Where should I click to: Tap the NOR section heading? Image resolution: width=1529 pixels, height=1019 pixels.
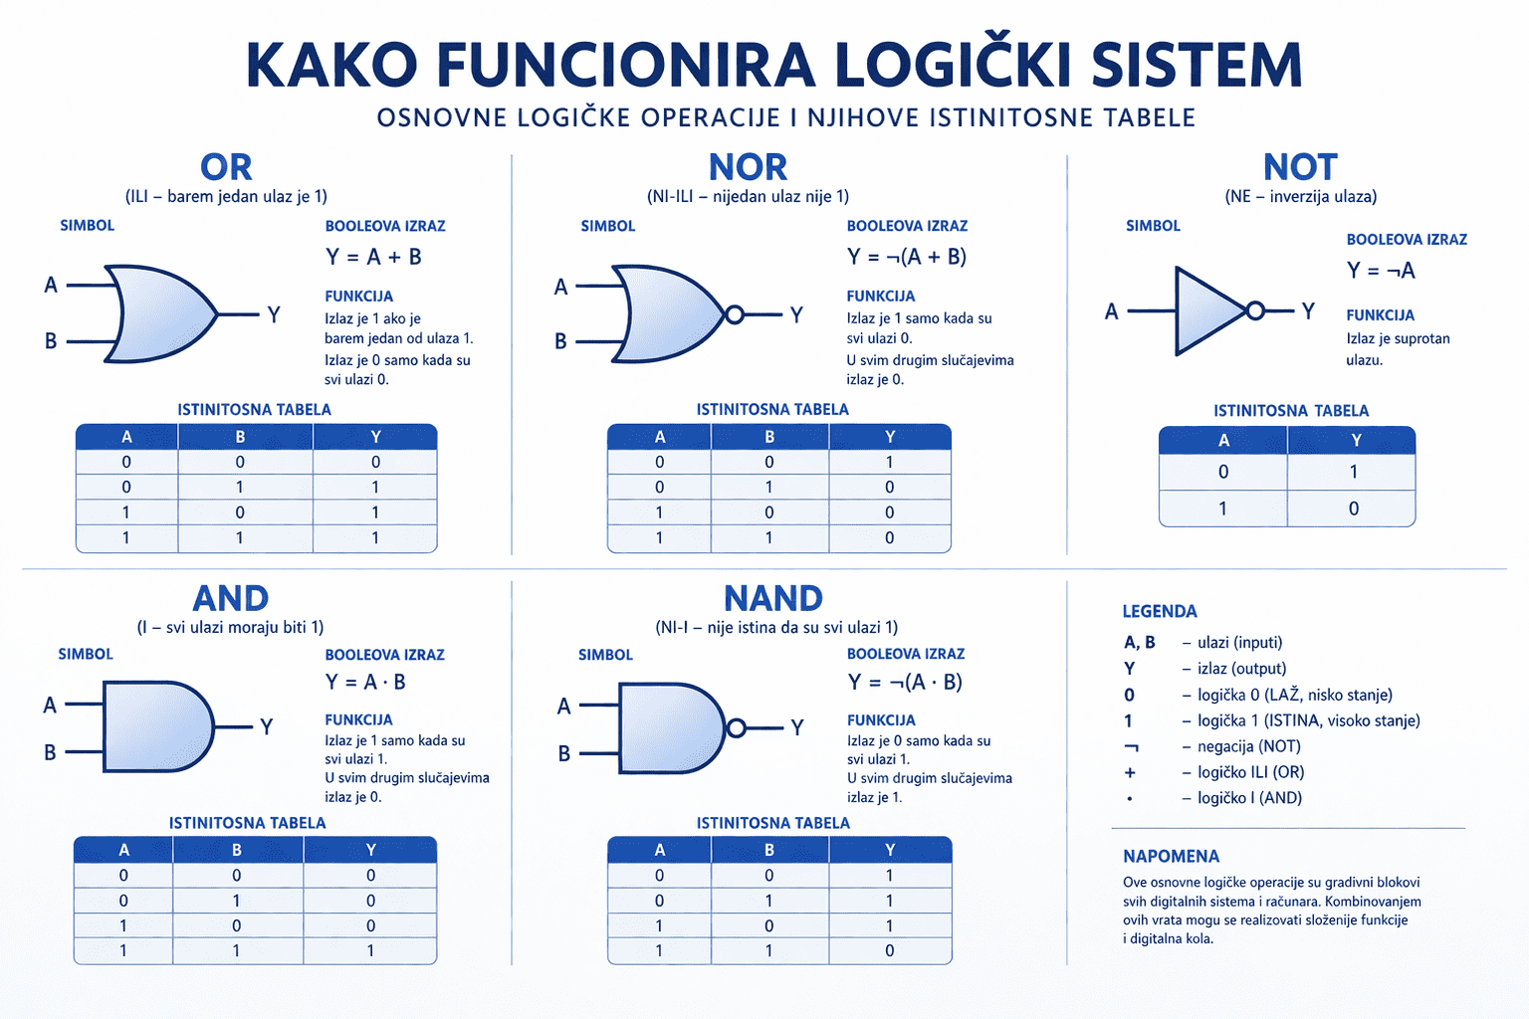pyautogui.click(x=748, y=166)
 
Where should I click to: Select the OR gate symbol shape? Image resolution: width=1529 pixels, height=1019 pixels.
pyautogui.click(x=161, y=313)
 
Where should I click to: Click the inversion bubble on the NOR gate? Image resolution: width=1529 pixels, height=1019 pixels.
pyautogui.click(x=735, y=314)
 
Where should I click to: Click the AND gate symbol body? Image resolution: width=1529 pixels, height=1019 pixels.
pyautogui.click(x=158, y=726)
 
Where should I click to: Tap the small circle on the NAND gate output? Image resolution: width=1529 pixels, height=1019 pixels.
pyautogui.click(x=736, y=727)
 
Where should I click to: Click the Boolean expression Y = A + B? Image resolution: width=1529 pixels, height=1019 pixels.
pyautogui.click(x=373, y=257)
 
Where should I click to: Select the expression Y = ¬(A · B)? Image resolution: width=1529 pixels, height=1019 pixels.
pyautogui.click(x=905, y=682)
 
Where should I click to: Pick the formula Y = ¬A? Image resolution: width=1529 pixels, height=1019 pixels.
pyautogui.click(x=1381, y=271)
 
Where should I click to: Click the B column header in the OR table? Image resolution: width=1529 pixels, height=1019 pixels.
pyautogui.click(x=240, y=437)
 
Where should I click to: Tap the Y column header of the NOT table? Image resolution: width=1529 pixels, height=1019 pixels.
pyautogui.click(x=1356, y=440)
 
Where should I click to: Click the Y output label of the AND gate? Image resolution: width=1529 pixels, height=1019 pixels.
pyautogui.click(x=266, y=726)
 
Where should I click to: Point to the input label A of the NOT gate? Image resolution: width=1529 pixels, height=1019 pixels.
pyautogui.click(x=1112, y=311)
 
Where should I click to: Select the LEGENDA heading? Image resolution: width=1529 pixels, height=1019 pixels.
pyautogui.click(x=1160, y=612)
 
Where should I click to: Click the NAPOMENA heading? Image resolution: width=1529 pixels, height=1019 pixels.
pyautogui.click(x=1171, y=856)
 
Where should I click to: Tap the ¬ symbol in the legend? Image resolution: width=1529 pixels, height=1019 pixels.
pyautogui.click(x=1131, y=747)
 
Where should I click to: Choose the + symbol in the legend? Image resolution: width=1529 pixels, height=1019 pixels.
pyautogui.click(x=1131, y=772)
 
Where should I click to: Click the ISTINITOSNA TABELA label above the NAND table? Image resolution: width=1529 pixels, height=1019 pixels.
pyautogui.click(x=772, y=823)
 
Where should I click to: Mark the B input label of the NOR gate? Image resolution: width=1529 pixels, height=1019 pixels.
pyautogui.click(x=560, y=341)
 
